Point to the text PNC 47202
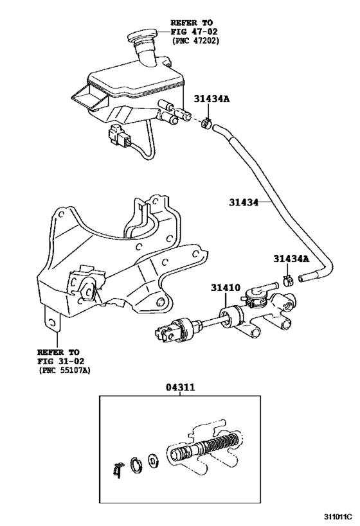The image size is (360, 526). pos(196,40)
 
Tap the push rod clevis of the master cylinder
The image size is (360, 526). pos(166,333)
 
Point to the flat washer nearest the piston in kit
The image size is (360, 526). pos(154,461)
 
